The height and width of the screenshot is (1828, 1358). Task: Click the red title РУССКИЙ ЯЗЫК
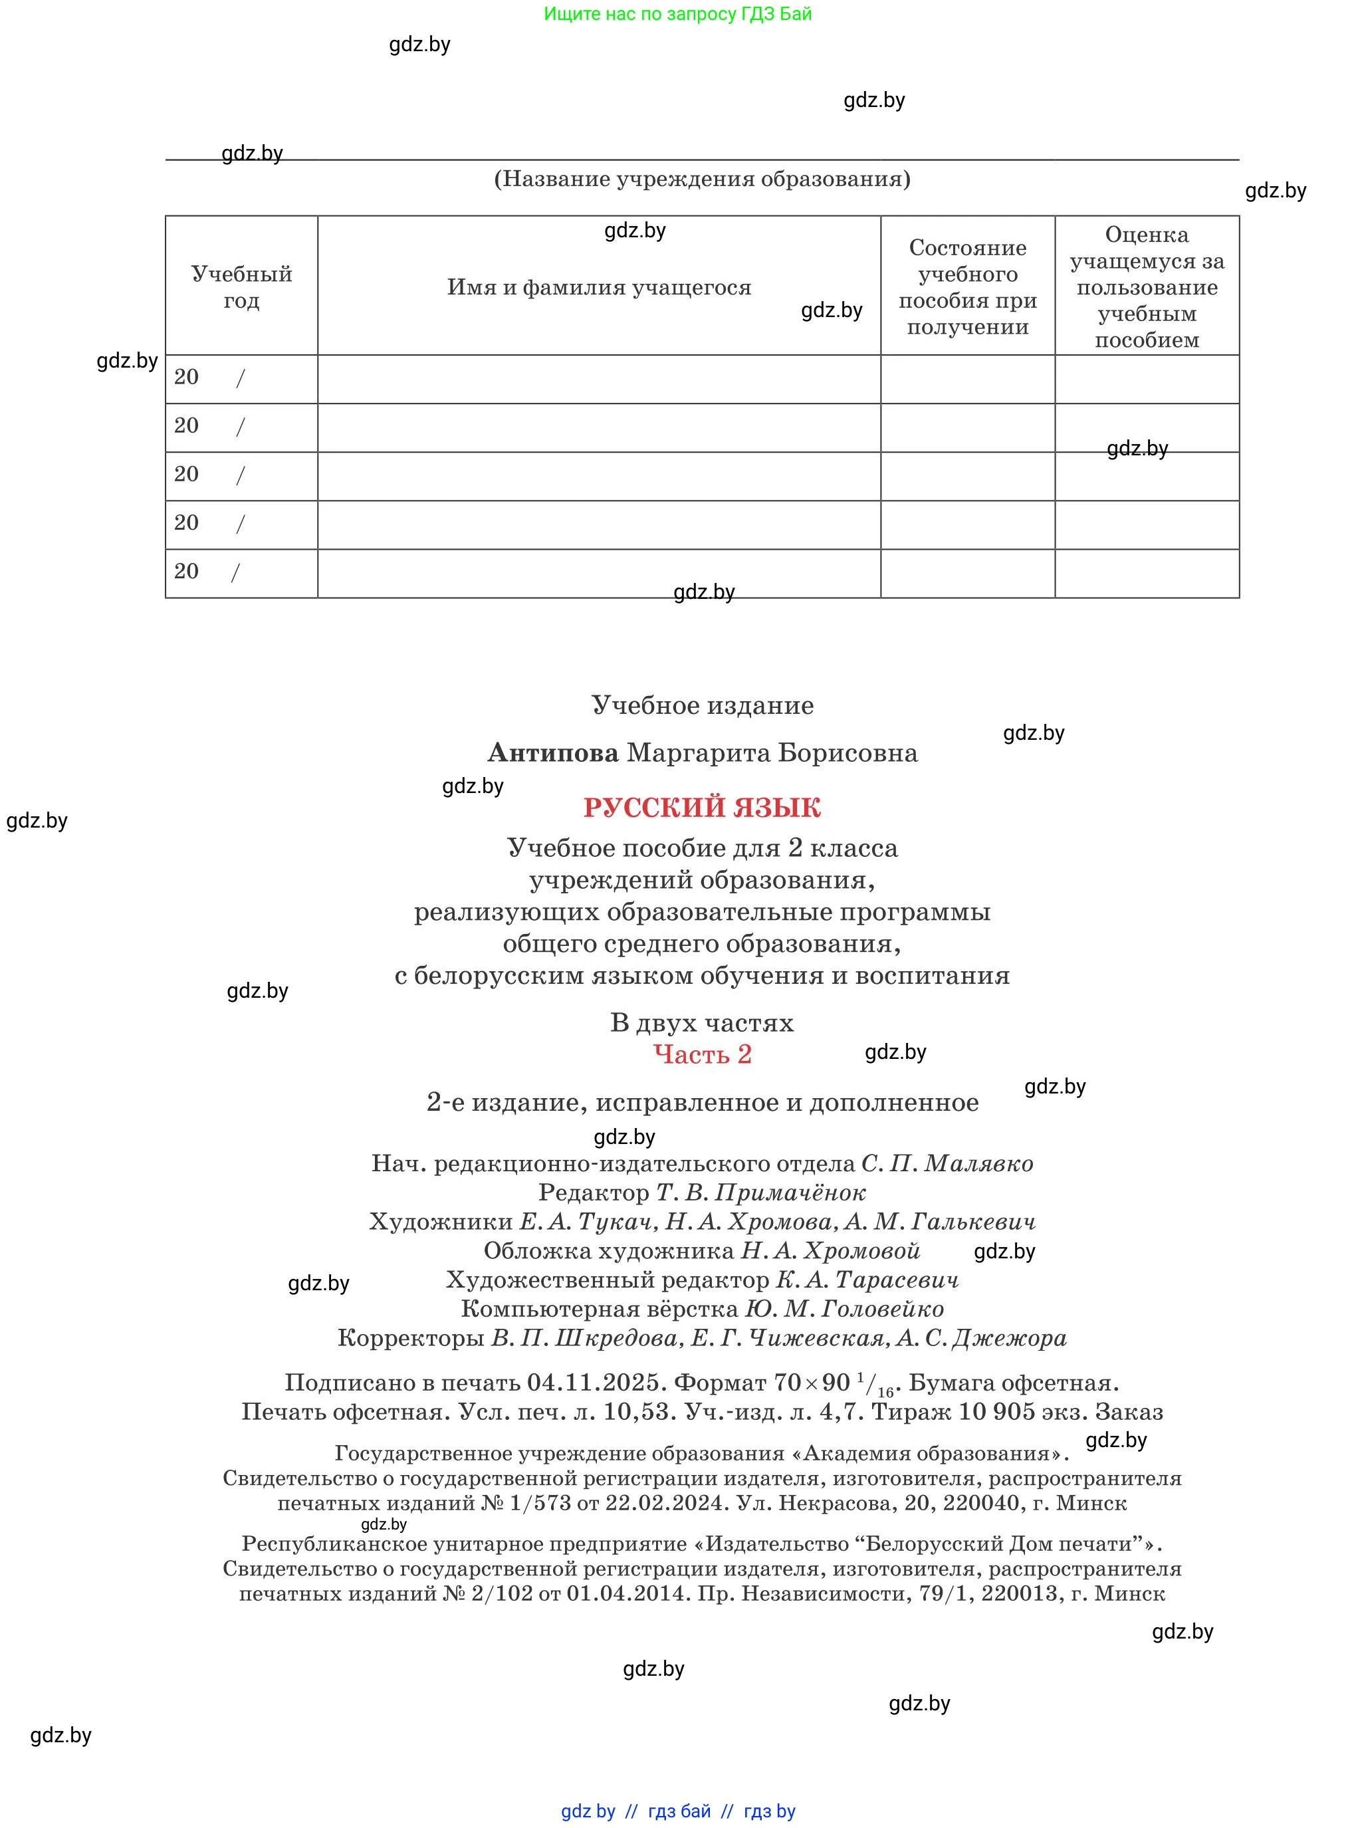701,807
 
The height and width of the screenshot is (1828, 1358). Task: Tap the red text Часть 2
702,1054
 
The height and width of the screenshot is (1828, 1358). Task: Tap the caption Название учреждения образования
701,179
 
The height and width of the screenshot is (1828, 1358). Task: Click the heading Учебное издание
702,705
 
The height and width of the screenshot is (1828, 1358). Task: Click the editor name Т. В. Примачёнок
760,1192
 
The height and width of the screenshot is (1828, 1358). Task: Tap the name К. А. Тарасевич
867,1280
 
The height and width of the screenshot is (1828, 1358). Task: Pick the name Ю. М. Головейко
844,1309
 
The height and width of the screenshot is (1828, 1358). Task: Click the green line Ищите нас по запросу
677,14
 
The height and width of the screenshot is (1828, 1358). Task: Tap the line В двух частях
701,1022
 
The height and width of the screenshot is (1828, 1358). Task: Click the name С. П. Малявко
947,1163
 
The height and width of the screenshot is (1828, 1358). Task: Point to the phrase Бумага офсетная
1013,1383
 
